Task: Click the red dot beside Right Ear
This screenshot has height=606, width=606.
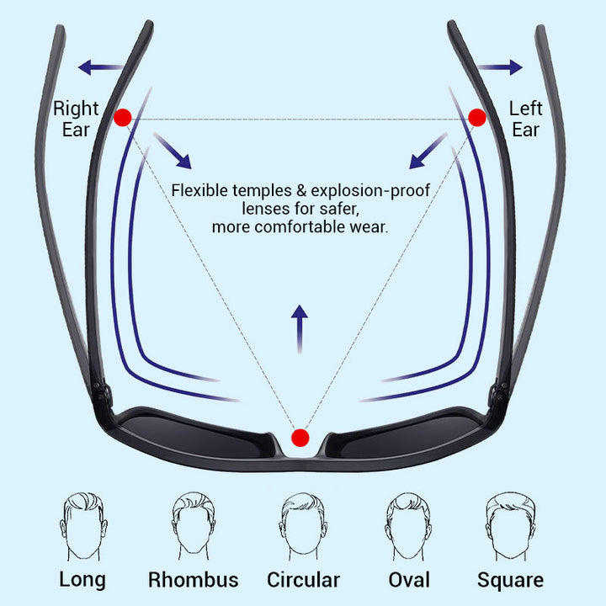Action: click(123, 118)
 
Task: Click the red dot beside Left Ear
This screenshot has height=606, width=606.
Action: click(477, 117)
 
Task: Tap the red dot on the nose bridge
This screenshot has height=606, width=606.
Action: click(300, 438)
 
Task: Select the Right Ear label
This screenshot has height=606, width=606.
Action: click(76, 120)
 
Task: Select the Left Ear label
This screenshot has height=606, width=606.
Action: click(526, 120)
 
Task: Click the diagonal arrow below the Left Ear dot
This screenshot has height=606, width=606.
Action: click(428, 151)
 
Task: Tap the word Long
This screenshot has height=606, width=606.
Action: click(82, 579)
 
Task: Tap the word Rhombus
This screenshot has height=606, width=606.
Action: click(193, 580)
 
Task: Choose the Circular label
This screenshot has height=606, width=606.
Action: click(303, 580)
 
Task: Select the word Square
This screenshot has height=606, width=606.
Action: click(510, 580)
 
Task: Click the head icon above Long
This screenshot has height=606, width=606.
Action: click(83, 525)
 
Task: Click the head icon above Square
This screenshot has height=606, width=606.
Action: click(510, 525)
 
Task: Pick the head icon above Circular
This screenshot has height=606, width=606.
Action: click(303, 525)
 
